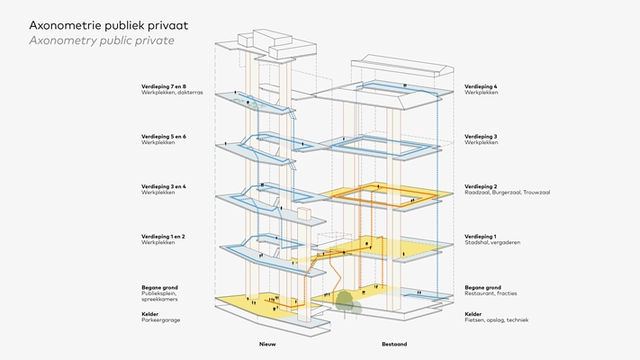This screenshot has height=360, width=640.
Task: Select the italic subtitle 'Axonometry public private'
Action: pos(101,41)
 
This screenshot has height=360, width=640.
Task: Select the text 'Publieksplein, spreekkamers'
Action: pos(160,296)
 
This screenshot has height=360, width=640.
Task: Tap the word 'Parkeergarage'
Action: pos(161,319)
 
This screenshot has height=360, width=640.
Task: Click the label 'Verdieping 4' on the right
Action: pos(481,86)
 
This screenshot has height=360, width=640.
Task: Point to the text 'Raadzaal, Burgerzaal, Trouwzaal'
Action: pos(507,193)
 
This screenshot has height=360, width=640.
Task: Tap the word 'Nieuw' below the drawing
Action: pos(268,344)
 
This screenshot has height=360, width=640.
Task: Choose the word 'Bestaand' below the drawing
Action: pos(394,344)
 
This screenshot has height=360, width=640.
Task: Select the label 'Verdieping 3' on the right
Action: pos(481,137)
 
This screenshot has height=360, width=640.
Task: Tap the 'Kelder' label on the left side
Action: pos(150,314)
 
